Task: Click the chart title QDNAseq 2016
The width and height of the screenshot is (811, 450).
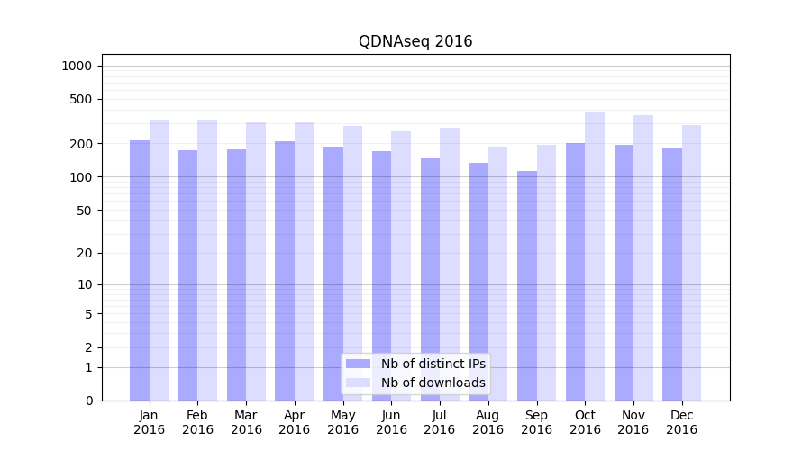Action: tap(415, 41)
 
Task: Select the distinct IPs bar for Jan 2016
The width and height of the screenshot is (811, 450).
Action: tap(140, 270)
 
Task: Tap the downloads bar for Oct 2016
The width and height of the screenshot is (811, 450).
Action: tap(595, 256)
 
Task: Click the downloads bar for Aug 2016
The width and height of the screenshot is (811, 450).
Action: tap(497, 274)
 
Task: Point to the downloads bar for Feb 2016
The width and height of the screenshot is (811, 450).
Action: tap(207, 260)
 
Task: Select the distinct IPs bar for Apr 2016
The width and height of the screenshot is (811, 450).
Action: tap(285, 271)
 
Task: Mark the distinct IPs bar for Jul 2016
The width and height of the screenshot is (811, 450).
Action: tap(430, 279)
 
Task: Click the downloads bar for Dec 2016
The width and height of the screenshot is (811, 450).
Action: tap(692, 263)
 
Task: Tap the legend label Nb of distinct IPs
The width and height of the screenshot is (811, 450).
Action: tap(433, 364)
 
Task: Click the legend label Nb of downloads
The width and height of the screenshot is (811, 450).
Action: tap(433, 382)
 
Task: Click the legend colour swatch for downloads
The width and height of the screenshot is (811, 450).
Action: tap(359, 382)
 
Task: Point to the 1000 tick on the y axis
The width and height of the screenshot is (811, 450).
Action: tap(77, 66)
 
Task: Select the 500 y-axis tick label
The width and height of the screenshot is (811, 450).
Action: tap(81, 99)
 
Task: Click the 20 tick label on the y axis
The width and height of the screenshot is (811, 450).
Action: tap(85, 253)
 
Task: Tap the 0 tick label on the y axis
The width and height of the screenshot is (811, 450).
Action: tap(88, 400)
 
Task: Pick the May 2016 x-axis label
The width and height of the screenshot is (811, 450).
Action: tap(342, 422)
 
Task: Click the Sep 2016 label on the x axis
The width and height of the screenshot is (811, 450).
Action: tap(536, 422)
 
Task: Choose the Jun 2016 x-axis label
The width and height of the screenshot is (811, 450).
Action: tap(391, 422)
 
